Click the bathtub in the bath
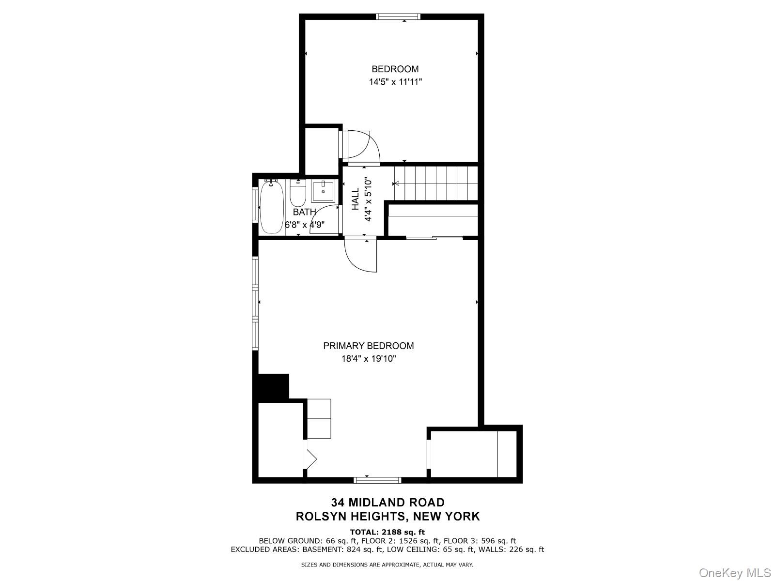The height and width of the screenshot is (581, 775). click(271, 207)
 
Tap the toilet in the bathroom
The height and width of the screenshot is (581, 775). click(298, 193)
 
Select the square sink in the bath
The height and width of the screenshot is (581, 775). click(323, 192)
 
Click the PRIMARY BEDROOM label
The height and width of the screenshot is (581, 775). click(368, 346)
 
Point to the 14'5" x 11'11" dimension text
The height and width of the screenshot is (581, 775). click(395, 82)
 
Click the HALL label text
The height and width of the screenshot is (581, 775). click(355, 199)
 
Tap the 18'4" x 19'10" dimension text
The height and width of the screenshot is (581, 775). click(369, 359)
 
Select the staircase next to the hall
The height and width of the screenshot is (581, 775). click(435, 183)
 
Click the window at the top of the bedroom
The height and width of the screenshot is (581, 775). click(398, 16)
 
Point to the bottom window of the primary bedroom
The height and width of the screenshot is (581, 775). click(377, 480)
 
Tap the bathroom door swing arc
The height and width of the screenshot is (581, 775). click(324, 219)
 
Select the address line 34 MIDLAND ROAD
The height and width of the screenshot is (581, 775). click(387, 502)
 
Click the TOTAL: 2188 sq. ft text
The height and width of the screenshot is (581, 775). click(387, 532)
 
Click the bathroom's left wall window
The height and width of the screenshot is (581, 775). click(255, 205)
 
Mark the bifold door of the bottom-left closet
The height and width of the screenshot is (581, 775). click(310, 459)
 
